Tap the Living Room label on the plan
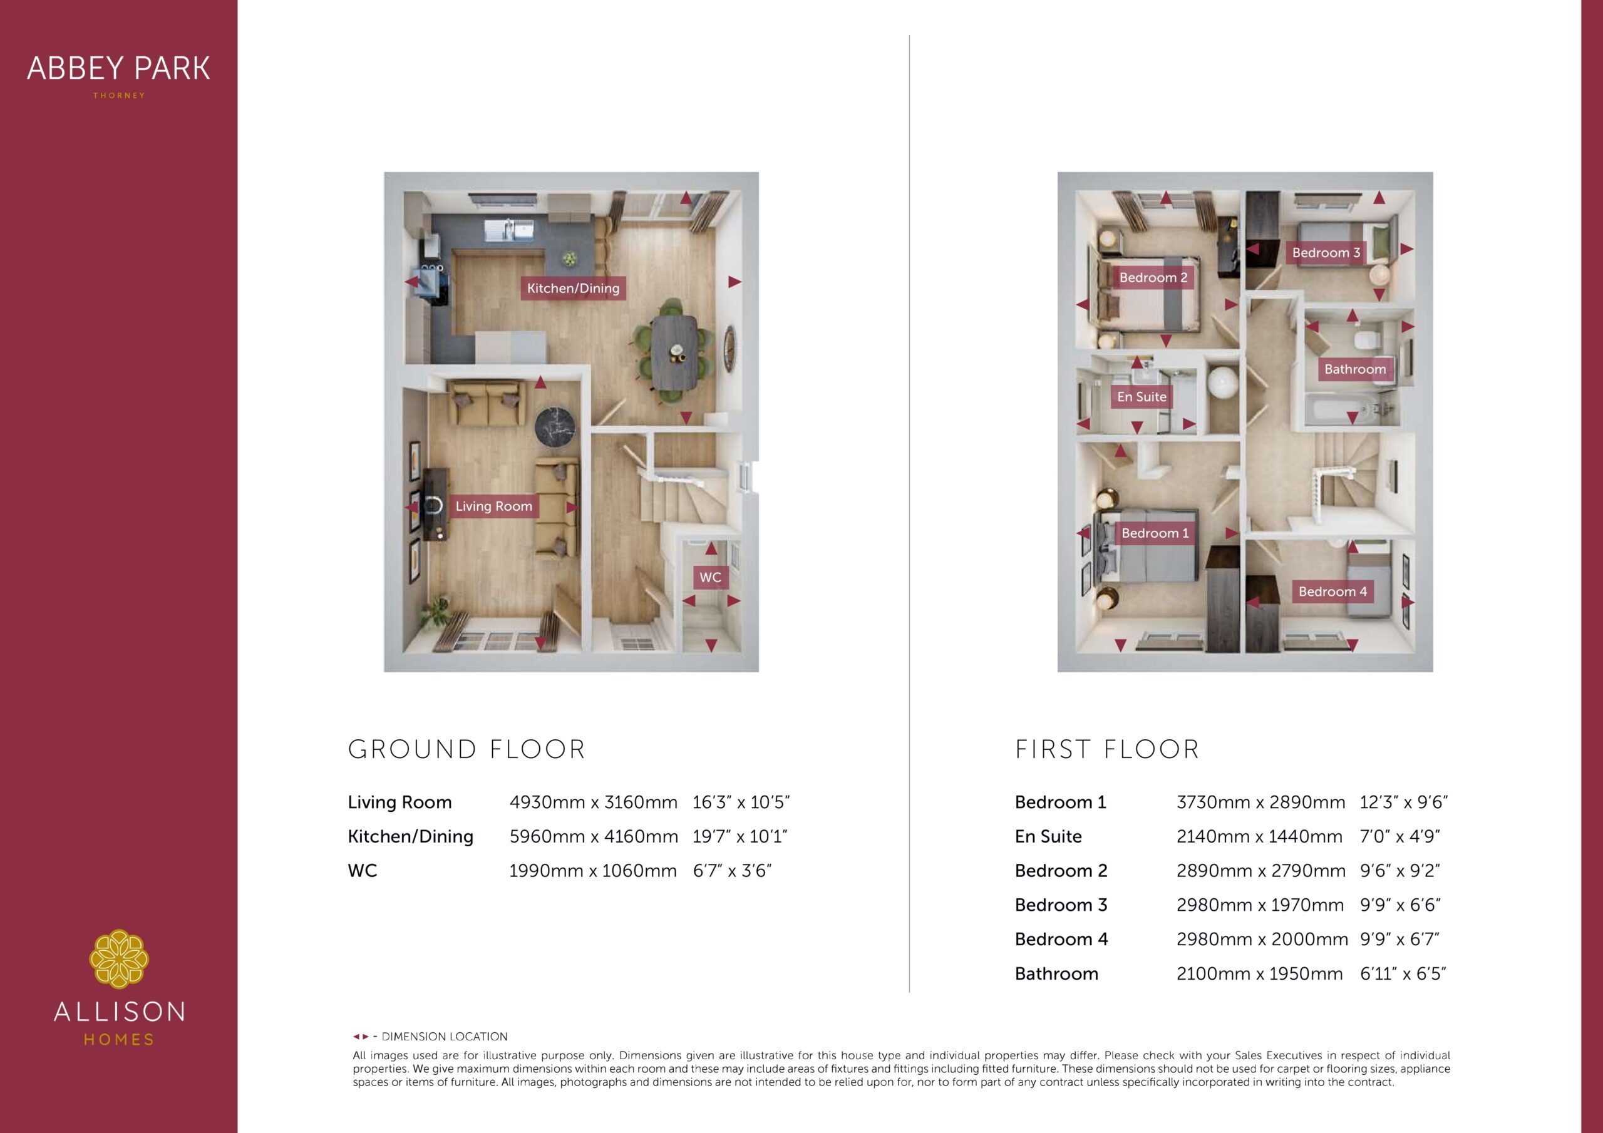(493, 506)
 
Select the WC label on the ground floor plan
(710, 577)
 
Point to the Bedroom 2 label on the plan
(1153, 278)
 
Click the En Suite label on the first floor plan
(1142, 396)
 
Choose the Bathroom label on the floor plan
(1354, 369)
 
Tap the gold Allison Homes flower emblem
(119, 958)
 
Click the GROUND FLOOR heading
(466, 749)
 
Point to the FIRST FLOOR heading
(1107, 749)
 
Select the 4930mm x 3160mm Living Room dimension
(594, 802)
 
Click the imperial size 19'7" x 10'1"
(740, 836)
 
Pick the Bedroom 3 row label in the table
(1061, 905)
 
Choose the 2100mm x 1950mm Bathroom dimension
(1259, 973)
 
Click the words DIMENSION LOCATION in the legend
(445, 1037)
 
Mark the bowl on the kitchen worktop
(571, 259)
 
